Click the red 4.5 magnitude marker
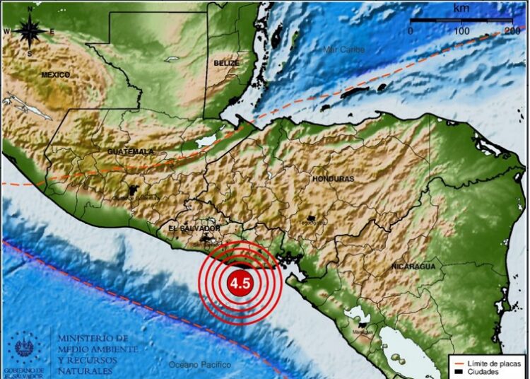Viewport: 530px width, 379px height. click(238, 283)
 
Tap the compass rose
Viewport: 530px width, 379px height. click(28, 31)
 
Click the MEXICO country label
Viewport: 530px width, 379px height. click(55, 74)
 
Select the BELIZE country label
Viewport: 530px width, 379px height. click(226, 63)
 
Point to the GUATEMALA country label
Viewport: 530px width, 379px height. click(130, 152)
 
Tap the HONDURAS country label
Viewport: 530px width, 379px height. click(333, 179)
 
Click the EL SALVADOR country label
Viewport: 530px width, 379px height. click(195, 229)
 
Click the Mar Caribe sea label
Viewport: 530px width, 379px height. click(343, 49)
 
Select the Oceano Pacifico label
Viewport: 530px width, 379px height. click(200, 364)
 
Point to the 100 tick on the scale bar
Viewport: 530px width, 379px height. click(461, 31)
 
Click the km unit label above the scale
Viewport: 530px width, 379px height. click(461, 8)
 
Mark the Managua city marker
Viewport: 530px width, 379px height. click(366, 326)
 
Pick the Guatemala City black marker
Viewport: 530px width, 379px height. click(134, 192)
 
